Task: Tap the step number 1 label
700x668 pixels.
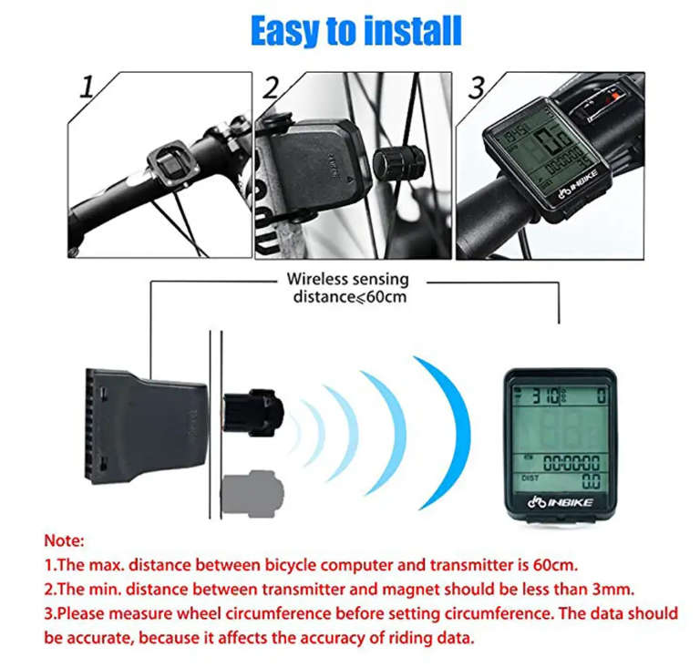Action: pyautogui.click(x=87, y=88)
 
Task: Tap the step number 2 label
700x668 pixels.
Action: pyautogui.click(x=271, y=88)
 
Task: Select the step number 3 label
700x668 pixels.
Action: pyautogui.click(x=476, y=88)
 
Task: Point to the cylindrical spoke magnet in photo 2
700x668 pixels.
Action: pyautogui.click(x=399, y=163)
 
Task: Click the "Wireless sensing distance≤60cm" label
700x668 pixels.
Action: pyautogui.click(x=348, y=288)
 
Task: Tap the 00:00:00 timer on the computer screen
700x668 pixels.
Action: pyautogui.click(x=571, y=462)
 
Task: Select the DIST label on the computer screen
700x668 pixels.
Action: pyautogui.click(x=530, y=477)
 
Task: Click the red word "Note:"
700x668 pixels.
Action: pyautogui.click(x=64, y=540)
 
